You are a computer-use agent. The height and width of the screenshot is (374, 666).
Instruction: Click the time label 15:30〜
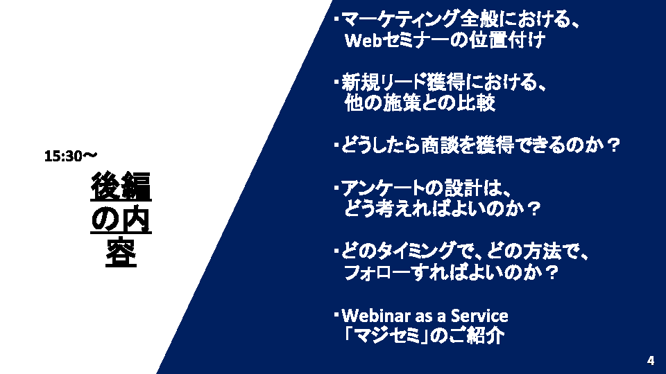click(x=71, y=156)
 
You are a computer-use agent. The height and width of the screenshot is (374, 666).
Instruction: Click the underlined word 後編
click(x=121, y=186)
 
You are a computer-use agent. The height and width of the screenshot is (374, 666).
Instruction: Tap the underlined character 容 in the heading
click(x=121, y=253)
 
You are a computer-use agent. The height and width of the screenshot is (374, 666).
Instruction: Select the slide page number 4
click(x=650, y=361)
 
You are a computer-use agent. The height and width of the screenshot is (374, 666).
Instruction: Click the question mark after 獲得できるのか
click(x=613, y=145)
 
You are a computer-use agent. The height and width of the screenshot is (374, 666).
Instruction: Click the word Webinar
click(x=375, y=316)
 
